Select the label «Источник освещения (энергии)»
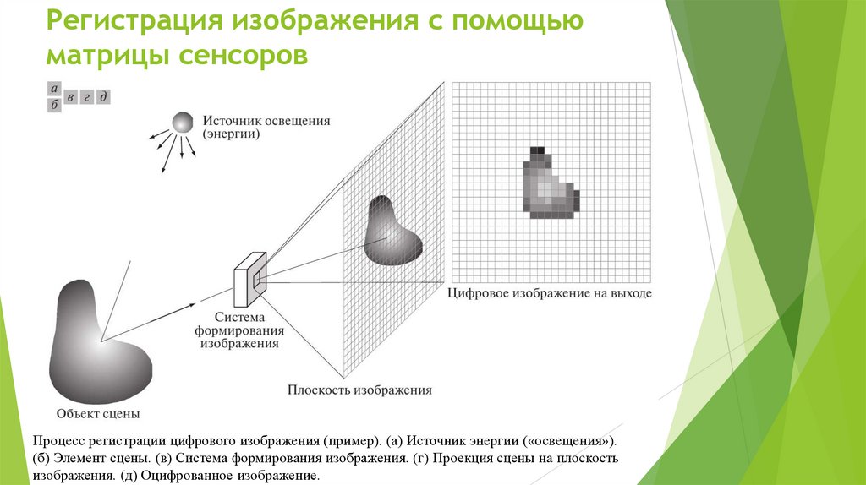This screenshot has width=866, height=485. click(x=266, y=127)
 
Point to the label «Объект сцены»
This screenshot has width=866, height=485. click(x=98, y=414)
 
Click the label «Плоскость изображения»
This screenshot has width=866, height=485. click(x=359, y=390)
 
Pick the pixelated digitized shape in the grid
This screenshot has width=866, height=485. click(x=549, y=185)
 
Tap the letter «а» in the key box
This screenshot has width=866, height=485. click(x=54, y=89)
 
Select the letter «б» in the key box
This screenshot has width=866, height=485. click(x=54, y=104)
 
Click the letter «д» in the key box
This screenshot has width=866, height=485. click(x=102, y=96)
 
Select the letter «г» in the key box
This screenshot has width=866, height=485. click(x=86, y=97)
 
